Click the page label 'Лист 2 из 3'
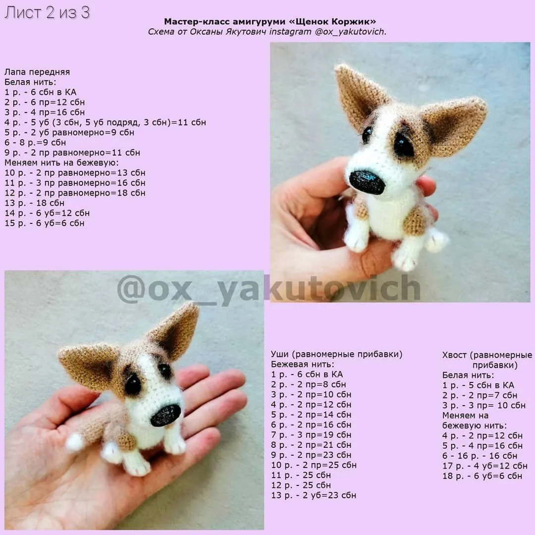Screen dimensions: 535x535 pos(47,12)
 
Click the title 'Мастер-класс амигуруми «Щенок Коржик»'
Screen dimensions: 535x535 pos(270,21)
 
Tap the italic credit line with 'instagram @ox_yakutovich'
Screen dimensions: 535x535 pos(267,32)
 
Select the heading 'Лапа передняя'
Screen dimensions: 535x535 pos(37,72)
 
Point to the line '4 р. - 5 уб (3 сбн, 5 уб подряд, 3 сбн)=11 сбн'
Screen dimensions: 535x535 pos(105,122)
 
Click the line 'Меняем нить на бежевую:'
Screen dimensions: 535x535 pos(61,163)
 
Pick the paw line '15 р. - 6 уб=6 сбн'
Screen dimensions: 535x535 pos(45,223)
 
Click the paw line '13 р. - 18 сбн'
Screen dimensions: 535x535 pos(35,203)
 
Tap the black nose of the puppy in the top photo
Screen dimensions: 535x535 pos(367,182)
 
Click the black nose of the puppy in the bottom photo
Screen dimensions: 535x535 pos(165,415)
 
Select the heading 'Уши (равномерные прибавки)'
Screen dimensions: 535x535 pos(337,354)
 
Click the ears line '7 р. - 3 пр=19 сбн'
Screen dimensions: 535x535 pos(311,435)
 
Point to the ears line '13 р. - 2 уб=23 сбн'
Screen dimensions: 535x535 pos(314,495)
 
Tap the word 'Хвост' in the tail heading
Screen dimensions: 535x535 pos(454,355)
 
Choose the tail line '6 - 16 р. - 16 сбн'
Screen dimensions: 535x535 pos(480,456)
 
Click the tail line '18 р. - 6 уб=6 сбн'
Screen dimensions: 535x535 pos(482,476)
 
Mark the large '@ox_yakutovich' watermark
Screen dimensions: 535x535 pos(268,289)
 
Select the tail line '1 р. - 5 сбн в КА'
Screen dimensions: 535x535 pos(478,385)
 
